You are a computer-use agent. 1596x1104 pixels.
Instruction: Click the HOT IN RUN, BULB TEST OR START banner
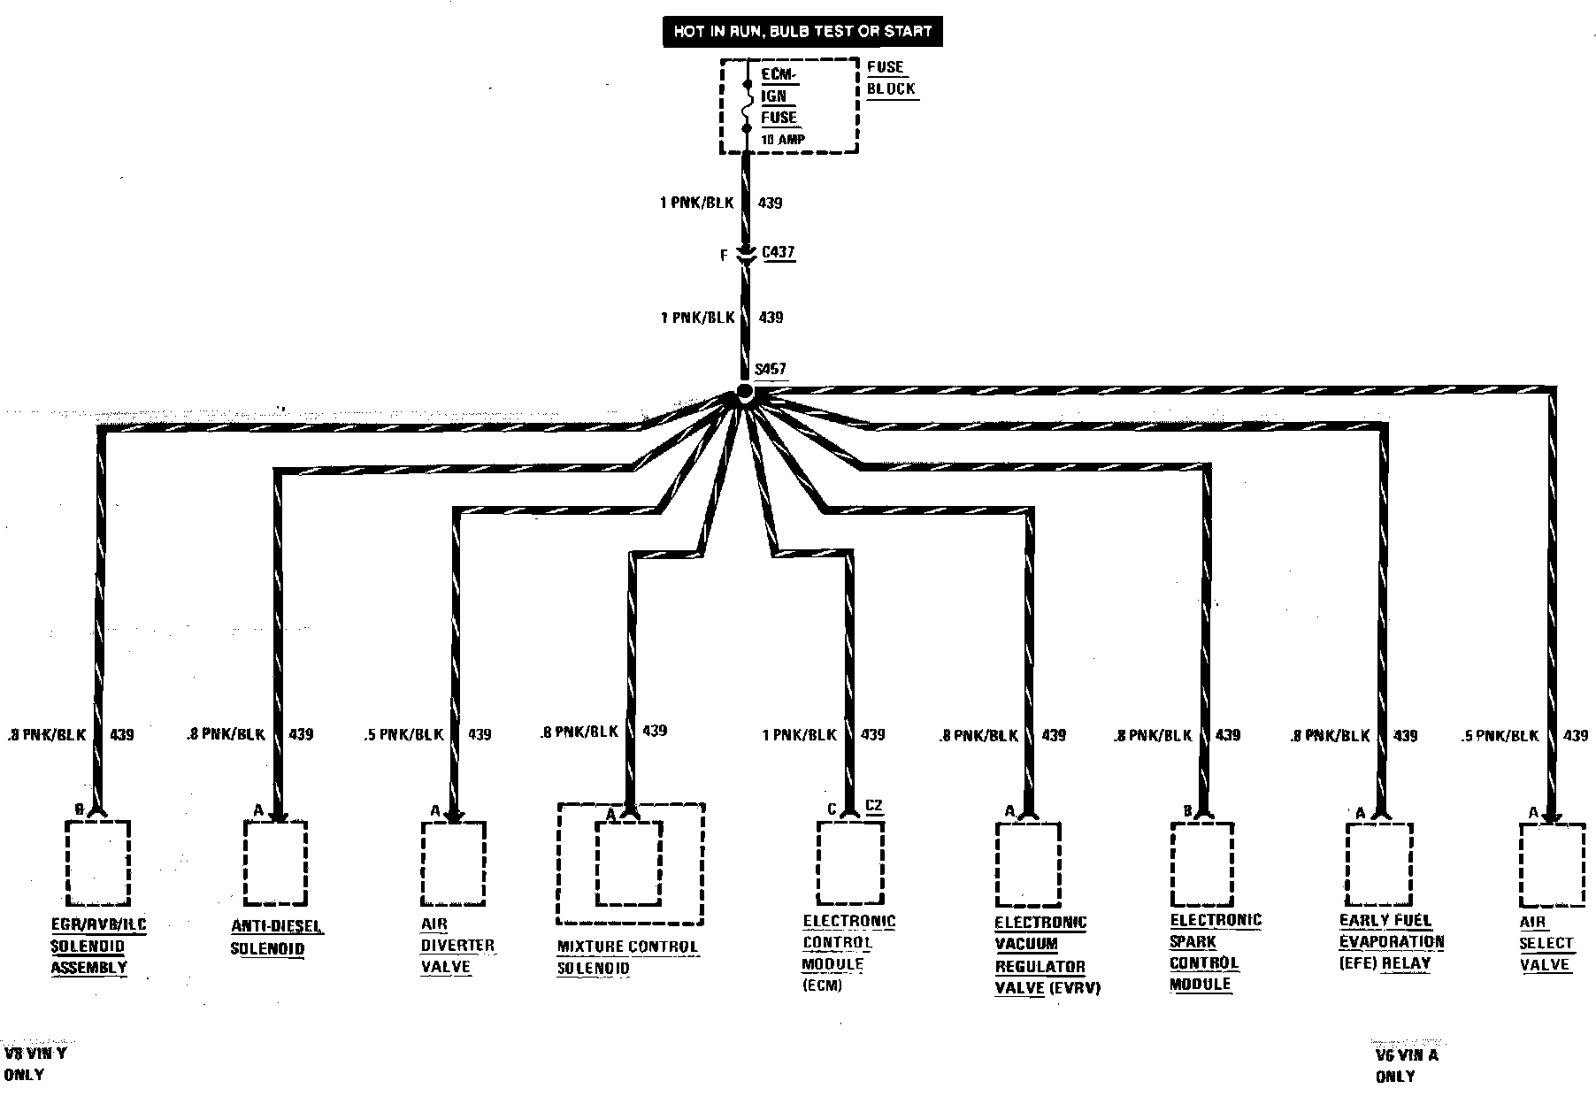[803, 32]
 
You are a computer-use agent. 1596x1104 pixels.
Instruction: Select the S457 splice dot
[745, 392]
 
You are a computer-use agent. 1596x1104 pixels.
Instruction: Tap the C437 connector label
[779, 253]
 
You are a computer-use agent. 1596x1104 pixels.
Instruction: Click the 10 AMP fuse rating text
[782, 139]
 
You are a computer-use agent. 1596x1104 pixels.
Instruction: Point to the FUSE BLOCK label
[890, 78]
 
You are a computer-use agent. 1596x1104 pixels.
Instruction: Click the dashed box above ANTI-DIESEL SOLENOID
[275, 862]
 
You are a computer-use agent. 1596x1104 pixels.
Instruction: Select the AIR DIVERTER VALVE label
[457, 946]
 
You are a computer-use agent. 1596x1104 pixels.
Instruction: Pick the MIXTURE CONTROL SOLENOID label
[627, 957]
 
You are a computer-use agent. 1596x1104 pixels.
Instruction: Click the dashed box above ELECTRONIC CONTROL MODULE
[849, 862]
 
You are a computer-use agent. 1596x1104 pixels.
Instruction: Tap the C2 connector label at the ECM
[874, 806]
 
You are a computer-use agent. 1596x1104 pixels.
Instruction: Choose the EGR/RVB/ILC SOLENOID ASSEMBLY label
[97, 946]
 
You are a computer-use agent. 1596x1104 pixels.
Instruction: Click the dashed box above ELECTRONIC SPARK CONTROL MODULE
[1202, 863]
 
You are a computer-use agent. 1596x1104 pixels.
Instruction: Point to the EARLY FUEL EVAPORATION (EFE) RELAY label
[1391, 942]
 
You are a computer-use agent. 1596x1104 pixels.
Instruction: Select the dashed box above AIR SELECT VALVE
[1552, 864]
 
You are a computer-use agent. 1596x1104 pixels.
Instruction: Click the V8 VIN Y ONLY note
[35, 1064]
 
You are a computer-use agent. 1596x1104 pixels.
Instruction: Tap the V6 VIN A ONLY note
[1407, 1065]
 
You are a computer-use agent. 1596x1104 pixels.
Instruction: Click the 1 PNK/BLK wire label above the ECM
[799, 735]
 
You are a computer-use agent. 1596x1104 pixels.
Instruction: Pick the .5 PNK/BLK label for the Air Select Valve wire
[1500, 735]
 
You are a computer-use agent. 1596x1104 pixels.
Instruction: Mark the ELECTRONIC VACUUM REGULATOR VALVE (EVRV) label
[1047, 955]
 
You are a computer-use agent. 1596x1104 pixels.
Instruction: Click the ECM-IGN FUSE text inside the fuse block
[779, 96]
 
